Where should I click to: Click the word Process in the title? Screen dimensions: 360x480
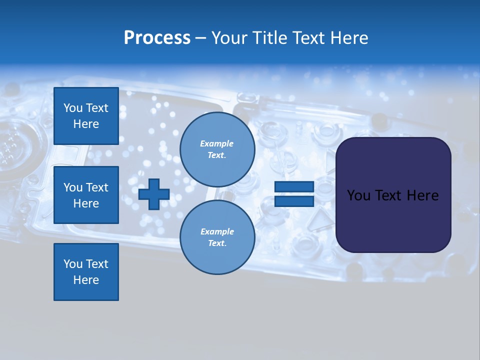click(157, 38)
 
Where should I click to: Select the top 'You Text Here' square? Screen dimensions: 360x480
click(86, 116)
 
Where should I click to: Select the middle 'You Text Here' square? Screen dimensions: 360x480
click(86, 195)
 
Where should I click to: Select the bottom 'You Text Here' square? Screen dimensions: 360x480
click(86, 272)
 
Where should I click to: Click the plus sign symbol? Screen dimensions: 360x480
click(154, 195)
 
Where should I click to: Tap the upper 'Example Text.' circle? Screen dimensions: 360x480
click(217, 149)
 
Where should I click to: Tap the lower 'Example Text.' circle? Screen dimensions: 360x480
click(217, 237)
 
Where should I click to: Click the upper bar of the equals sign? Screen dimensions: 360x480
click(294, 187)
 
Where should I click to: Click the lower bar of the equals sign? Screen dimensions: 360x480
click(294, 201)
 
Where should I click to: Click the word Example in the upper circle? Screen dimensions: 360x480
click(216, 143)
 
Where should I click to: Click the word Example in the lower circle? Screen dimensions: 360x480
click(216, 231)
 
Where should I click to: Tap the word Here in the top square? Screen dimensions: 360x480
click(86, 124)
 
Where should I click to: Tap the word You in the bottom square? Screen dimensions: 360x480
click(73, 264)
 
